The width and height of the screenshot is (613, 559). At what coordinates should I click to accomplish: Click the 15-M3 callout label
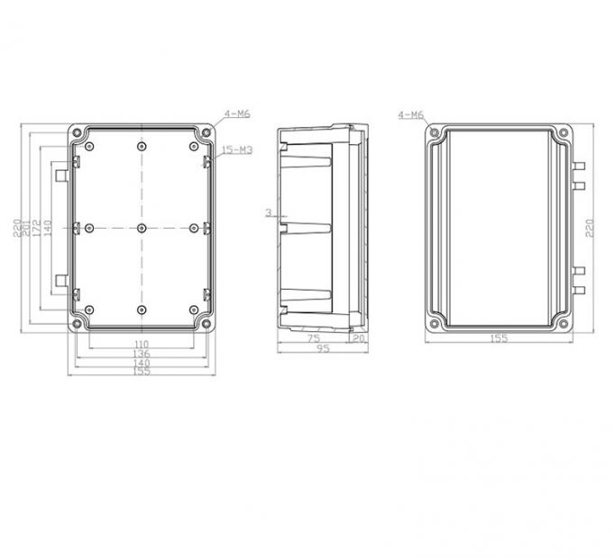[x=237, y=149]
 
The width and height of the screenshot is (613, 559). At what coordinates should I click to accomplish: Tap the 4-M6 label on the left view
[x=237, y=114]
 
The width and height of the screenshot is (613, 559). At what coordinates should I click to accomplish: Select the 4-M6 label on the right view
[x=410, y=115]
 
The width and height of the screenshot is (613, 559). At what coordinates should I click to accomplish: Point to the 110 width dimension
[x=141, y=345]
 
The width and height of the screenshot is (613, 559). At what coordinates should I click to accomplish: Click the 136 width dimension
[x=141, y=354]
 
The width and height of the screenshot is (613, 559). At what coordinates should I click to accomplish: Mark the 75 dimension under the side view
[x=314, y=338]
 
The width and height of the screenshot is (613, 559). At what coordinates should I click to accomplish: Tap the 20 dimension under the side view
[x=358, y=338]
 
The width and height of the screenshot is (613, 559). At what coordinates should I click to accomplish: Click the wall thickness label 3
[x=269, y=212]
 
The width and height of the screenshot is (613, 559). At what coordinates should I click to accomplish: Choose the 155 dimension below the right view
[x=499, y=338]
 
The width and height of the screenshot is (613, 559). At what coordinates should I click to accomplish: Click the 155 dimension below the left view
[x=141, y=371]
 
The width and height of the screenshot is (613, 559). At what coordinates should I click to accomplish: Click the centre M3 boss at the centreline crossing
[x=142, y=228]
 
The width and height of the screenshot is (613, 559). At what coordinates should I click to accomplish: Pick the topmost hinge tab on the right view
[x=580, y=167]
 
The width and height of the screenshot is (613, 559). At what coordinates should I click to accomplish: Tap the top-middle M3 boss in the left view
[x=142, y=147]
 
